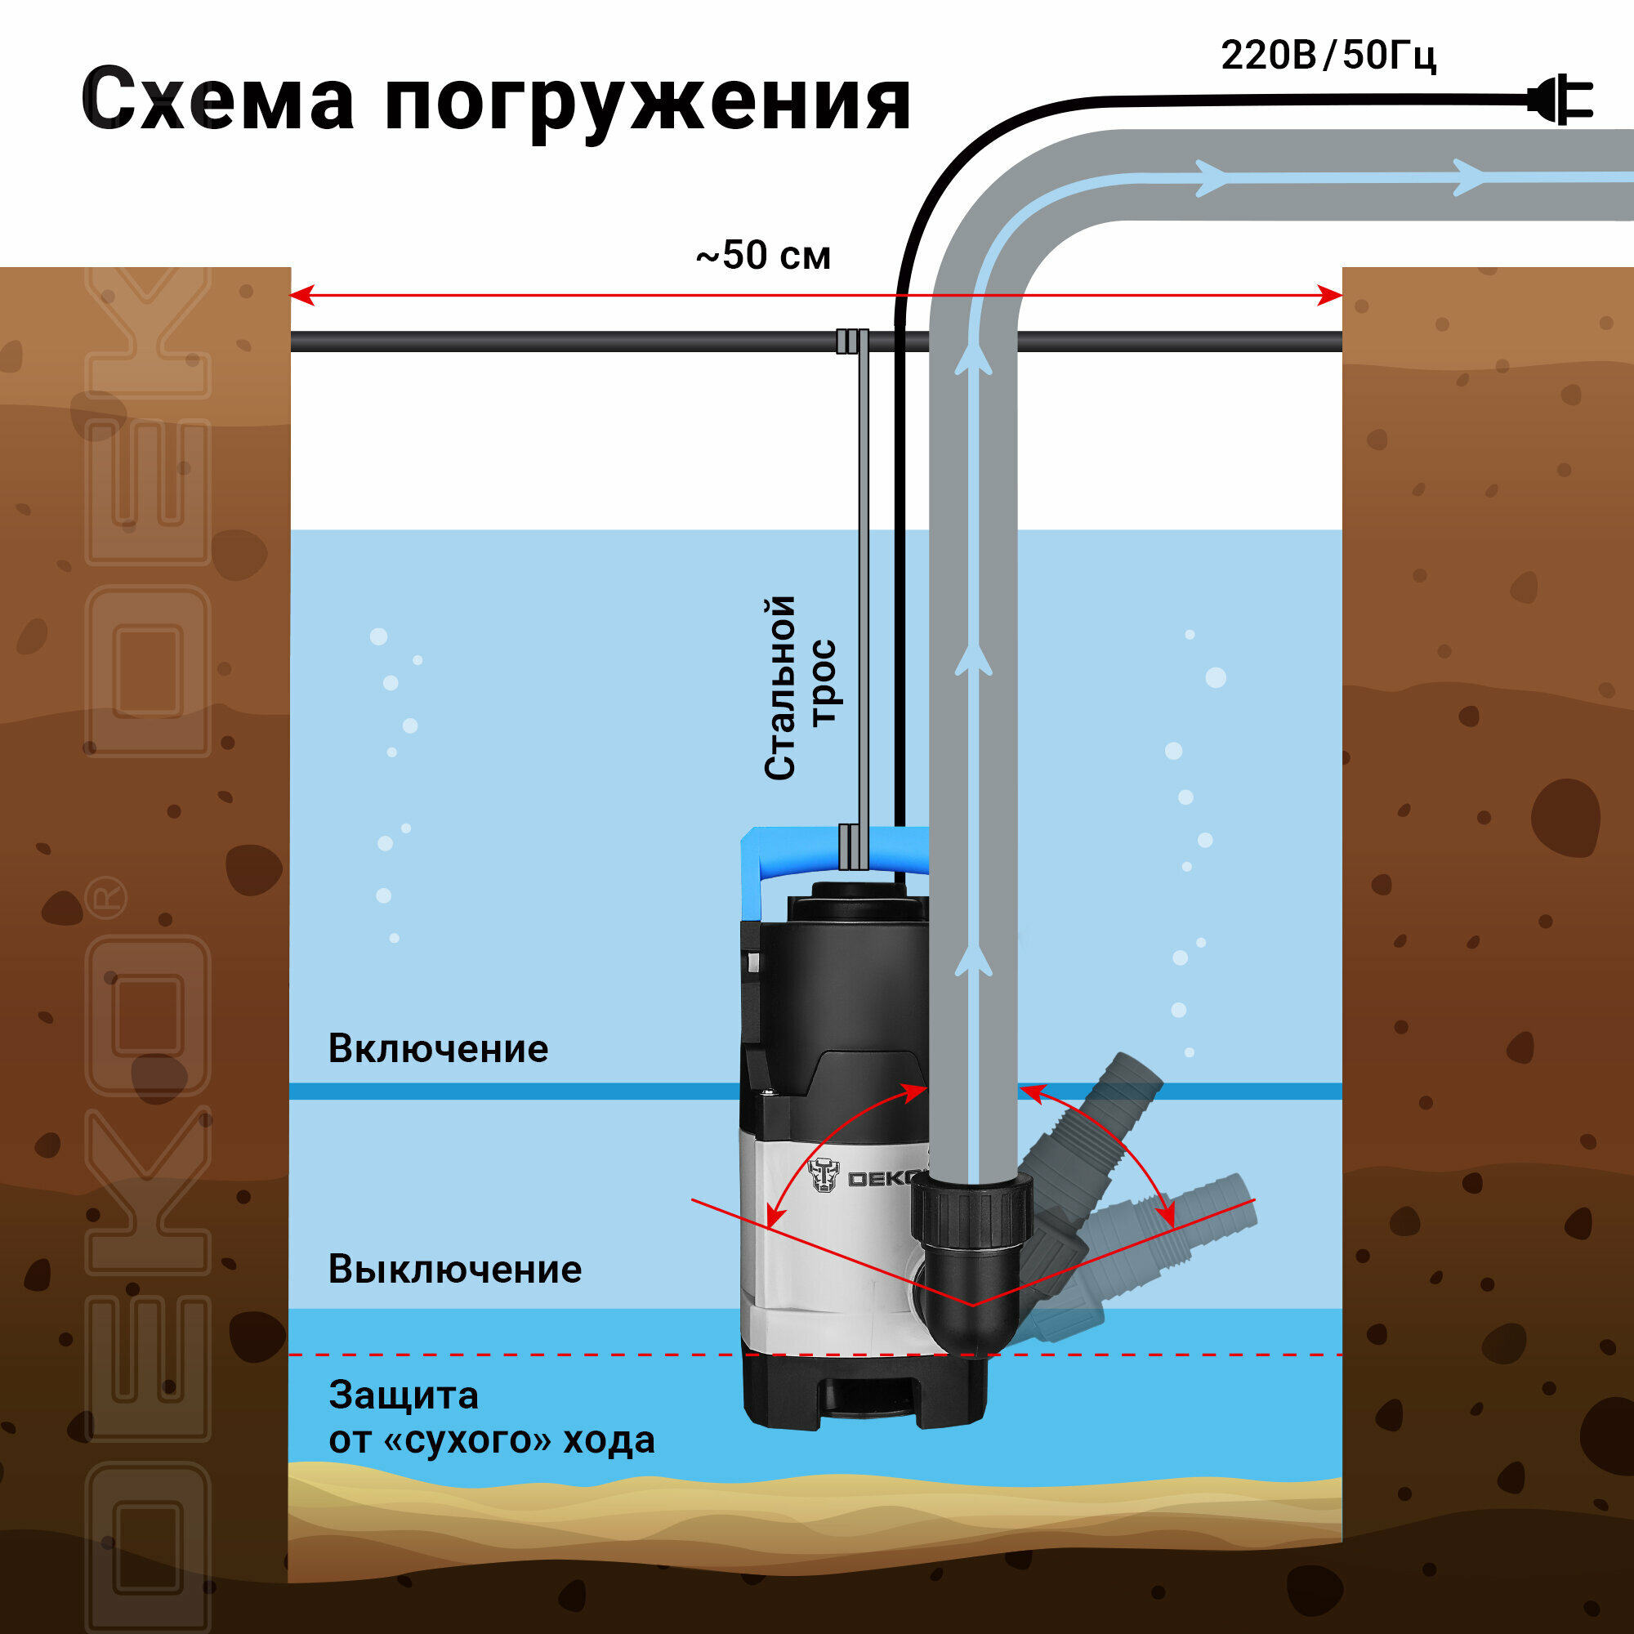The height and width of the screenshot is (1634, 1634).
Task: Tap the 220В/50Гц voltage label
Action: tap(1328, 56)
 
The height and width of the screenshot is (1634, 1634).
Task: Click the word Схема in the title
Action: tap(217, 100)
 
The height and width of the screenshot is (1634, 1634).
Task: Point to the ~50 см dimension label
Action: tap(763, 256)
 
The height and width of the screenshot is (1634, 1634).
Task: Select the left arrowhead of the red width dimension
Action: tap(302, 295)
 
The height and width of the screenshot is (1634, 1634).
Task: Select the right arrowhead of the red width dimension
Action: tap(1329, 295)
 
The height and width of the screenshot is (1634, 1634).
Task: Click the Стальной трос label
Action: tap(799, 687)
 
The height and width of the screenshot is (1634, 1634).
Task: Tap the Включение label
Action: tap(438, 1049)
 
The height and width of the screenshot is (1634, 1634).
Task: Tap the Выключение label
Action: tap(455, 1270)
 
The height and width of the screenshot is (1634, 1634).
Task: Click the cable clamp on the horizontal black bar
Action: tap(851, 341)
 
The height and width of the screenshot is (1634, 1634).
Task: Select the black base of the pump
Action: tap(863, 1395)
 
